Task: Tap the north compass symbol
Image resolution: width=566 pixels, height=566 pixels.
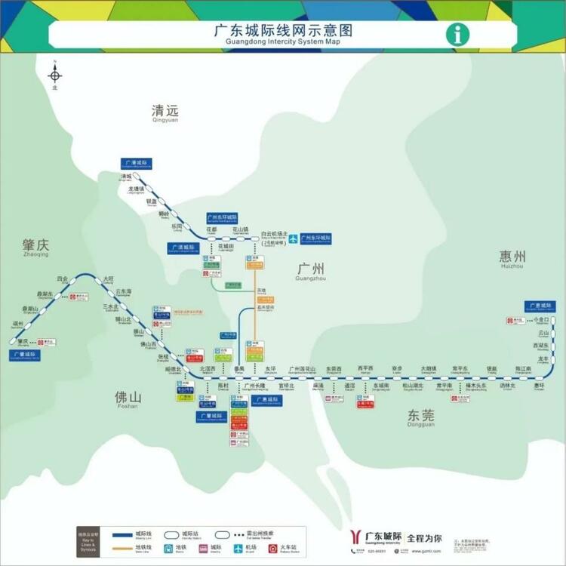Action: (x=54, y=75)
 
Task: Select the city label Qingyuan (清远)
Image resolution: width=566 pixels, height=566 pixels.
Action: (x=165, y=112)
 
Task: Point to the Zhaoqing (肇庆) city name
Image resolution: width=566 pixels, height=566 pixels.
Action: (x=35, y=245)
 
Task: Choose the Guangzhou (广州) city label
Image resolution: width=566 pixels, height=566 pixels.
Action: (x=311, y=269)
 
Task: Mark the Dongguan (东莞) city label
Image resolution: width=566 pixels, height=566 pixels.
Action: (x=421, y=415)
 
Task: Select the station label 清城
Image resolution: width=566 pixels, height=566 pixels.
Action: (x=126, y=177)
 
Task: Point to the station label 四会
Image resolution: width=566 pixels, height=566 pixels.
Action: (x=62, y=278)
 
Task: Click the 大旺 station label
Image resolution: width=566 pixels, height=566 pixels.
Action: (x=109, y=278)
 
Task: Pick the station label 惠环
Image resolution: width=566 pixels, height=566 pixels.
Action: (x=539, y=386)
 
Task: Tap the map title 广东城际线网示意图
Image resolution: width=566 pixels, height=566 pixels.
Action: (x=283, y=32)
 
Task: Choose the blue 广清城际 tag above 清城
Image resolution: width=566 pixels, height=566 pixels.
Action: (x=137, y=163)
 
